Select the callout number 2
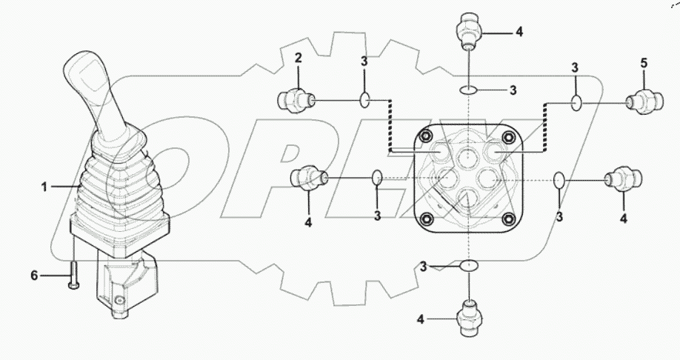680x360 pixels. [298, 57]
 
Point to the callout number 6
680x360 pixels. [34, 276]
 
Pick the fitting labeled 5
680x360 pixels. [641, 102]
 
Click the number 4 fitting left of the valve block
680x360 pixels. [308, 178]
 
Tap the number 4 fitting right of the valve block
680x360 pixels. [623, 180]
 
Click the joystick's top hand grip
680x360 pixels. [89, 85]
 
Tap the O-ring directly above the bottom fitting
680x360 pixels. [469, 266]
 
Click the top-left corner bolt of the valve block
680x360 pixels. [427, 137]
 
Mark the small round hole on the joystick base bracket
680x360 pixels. [120, 301]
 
